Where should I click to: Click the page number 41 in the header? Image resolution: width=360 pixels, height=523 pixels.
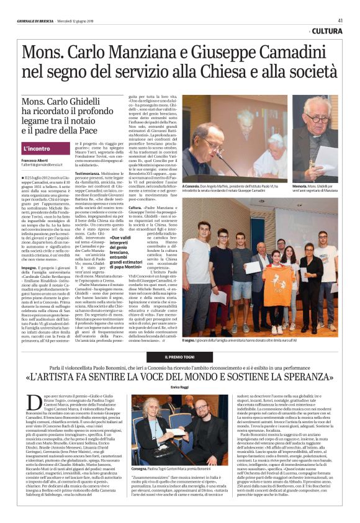coord(340,20)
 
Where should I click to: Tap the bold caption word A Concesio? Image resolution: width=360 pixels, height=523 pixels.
coord(193,186)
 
